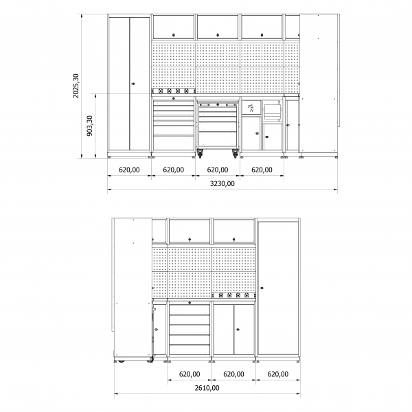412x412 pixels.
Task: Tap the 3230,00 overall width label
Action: [x=221, y=183]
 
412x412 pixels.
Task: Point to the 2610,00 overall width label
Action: [x=206, y=388]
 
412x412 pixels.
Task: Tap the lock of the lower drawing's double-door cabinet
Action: [x=236, y=329]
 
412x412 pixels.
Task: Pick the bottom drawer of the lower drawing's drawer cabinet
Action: [x=189, y=349]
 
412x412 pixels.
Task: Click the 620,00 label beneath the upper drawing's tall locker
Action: [x=129, y=170]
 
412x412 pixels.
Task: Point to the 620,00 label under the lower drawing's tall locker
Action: [x=277, y=374]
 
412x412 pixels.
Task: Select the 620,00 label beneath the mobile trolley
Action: [x=217, y=170]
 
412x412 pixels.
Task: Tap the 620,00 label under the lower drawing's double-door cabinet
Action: [x=233, y=374]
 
